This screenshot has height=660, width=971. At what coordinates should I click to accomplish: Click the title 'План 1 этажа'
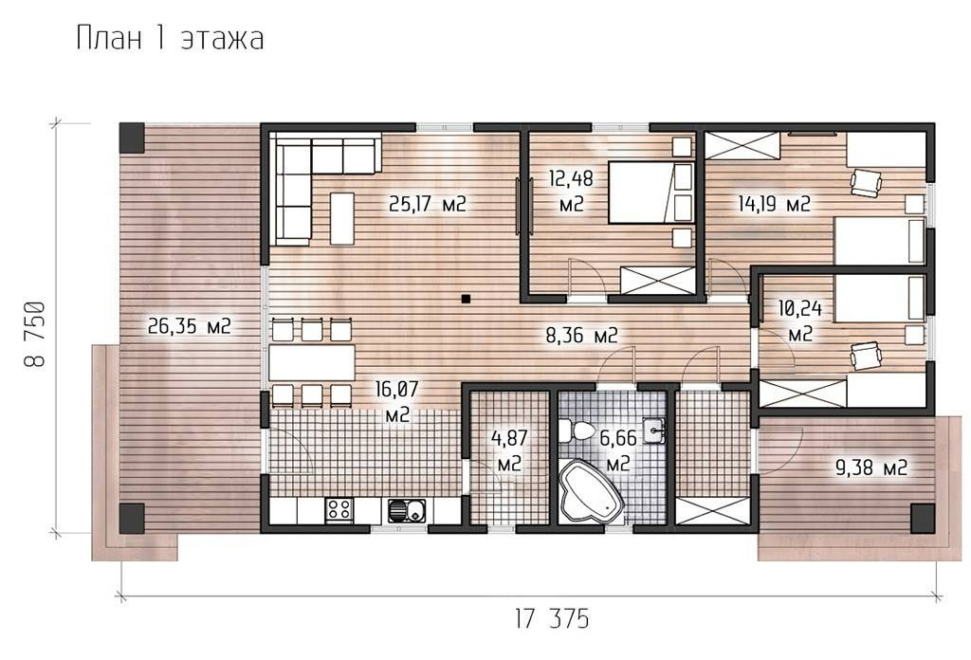(171, 39)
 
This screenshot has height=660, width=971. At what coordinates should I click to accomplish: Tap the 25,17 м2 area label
(428, 204)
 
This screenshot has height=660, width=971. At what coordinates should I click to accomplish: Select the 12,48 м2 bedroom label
(571, 192)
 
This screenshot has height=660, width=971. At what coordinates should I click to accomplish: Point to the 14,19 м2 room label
(774, 204)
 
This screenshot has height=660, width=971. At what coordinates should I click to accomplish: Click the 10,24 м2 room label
(800, 321)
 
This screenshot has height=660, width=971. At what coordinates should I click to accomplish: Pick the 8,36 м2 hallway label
(581, 336)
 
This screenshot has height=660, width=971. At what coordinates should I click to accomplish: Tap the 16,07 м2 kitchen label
(397, 402)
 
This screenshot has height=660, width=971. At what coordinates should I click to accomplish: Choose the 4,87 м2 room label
(509, 450)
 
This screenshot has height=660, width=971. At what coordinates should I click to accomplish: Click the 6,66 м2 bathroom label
(618, 450)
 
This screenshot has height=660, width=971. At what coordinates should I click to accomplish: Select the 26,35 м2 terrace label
(190, 325)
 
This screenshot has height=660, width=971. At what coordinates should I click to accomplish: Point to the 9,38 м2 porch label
(871, 467)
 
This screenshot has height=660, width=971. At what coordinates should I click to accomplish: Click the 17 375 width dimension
(552, 618)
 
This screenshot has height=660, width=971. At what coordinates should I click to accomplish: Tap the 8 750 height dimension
(35, 335)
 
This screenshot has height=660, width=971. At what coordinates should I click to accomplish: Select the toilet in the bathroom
(574, 431)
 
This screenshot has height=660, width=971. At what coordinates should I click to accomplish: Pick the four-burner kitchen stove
(339, 510)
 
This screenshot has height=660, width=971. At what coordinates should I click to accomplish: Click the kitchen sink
(407, 511)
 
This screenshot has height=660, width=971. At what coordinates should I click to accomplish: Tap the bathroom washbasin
(654, 431)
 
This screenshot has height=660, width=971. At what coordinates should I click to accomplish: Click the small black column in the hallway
(466, 299)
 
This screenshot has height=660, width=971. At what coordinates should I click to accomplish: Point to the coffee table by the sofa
(342, 218)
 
